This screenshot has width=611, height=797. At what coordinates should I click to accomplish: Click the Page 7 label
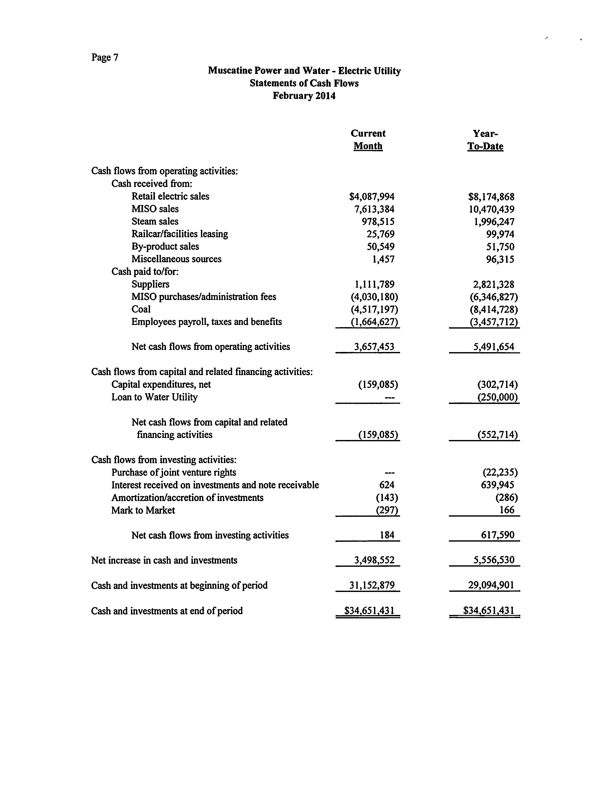pyautogui.click(x=105, y=57)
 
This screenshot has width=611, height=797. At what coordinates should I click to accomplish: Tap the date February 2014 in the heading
pyautogui.click(x=304, y=96)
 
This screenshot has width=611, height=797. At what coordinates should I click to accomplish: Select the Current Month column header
pyautogui.click(x=368, y=140)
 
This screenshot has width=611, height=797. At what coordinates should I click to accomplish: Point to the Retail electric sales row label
pyautogui.click(x=170, y=196)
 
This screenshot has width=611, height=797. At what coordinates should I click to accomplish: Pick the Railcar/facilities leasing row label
pyautogui.click(x=180, y=234)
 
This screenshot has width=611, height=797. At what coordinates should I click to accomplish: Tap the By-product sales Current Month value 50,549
pyautogui.click(x=380, y=247)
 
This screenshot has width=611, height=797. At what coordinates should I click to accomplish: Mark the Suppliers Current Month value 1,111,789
pyautogui.click(x=375, y=284)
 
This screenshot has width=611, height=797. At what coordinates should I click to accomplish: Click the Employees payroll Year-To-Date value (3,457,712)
pyautogui.click(x=494, y=322)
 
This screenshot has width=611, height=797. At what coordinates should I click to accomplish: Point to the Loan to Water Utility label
pyautogui.click(x=155, y=397)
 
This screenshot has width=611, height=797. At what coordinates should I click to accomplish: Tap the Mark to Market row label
pyautogui.click(x=143, y=510)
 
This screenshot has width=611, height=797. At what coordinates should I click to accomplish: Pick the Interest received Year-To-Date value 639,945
pyautogui.click(x=498, y=485)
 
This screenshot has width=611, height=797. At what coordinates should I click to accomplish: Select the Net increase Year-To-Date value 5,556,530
pyautogui.click(x=494, y=560)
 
